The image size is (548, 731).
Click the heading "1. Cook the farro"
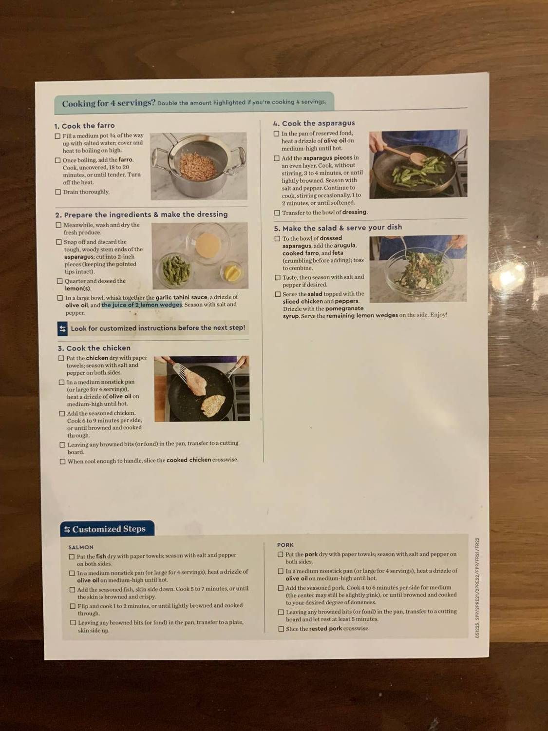coord(84,126)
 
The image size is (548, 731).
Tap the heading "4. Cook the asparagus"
coord(314,124)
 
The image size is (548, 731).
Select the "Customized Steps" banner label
coord(109,529)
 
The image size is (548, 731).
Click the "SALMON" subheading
coord(81,547)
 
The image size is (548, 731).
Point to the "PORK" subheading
coord(285,545)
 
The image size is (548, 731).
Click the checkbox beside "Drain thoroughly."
coord(58,192)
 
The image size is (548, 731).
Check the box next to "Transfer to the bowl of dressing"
coord(277,212)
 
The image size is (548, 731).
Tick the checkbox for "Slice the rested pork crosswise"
coord(281,629)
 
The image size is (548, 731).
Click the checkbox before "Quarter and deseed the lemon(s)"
coord(60,281)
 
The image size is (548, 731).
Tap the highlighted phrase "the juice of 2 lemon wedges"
coord(142,305)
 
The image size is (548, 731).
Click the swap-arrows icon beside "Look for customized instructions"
coord(62,329)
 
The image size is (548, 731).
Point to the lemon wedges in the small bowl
coord(232,273)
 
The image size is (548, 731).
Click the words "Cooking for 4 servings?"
coord(109,103)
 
